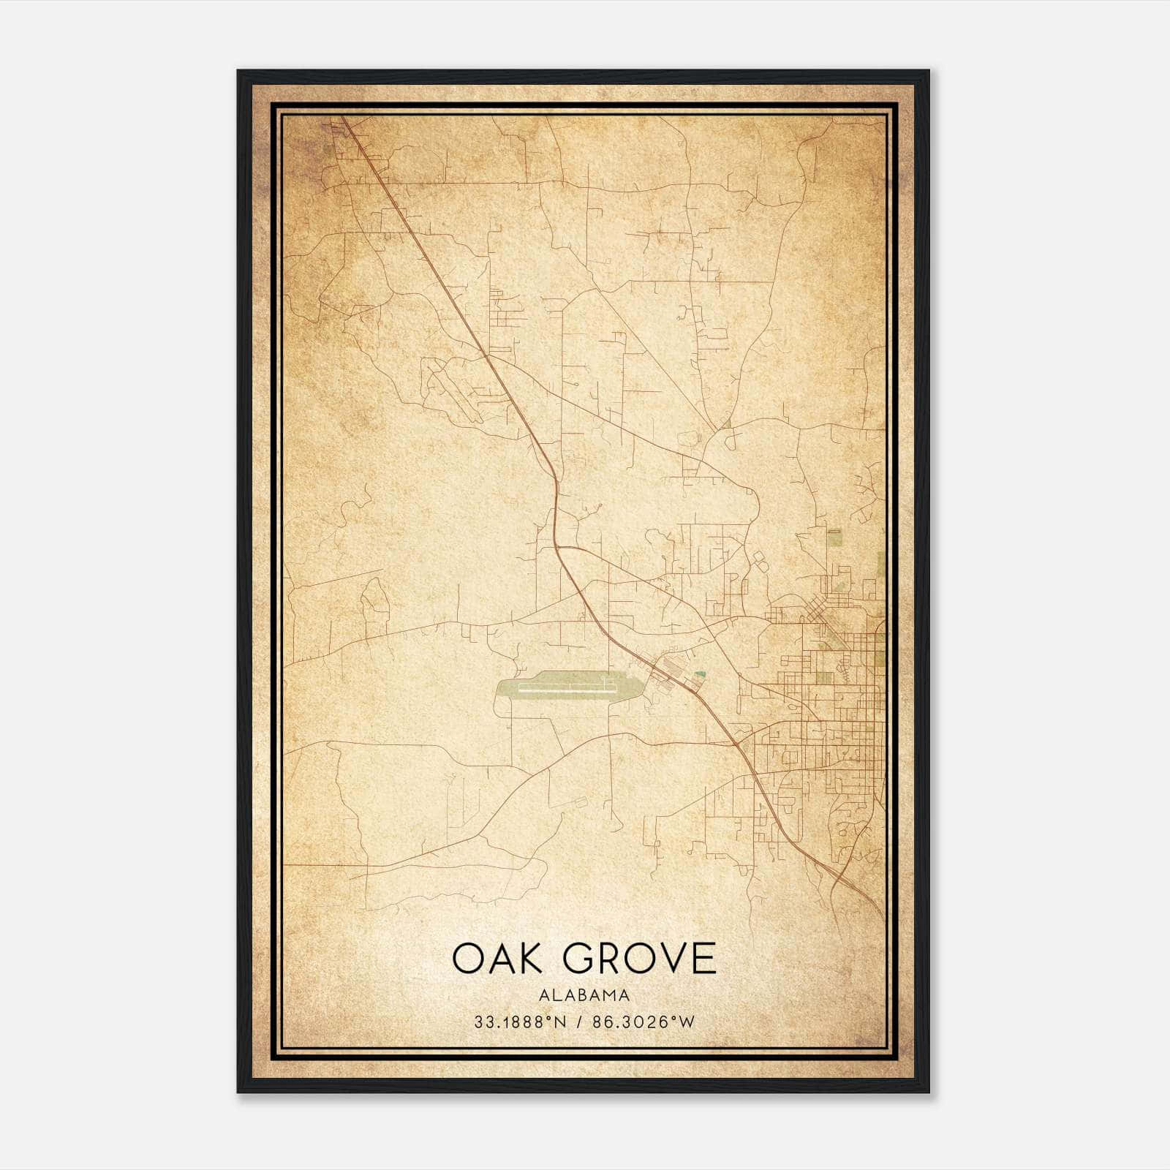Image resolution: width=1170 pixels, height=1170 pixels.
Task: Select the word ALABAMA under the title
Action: click(x=584, y=995)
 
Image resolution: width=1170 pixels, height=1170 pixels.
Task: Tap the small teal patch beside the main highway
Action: click(x=701, y=674)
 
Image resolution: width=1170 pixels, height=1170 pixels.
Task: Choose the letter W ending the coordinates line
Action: click(x=687, y=1022)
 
